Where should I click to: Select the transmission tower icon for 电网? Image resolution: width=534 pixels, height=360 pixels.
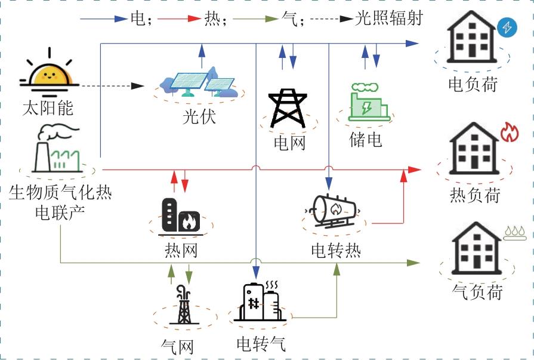point(288,109)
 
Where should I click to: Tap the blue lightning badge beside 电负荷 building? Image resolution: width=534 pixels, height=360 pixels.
point(506,27)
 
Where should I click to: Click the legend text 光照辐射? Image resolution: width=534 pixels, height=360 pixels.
point(388,19)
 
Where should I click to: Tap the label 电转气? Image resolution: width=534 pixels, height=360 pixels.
point(261,344)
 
